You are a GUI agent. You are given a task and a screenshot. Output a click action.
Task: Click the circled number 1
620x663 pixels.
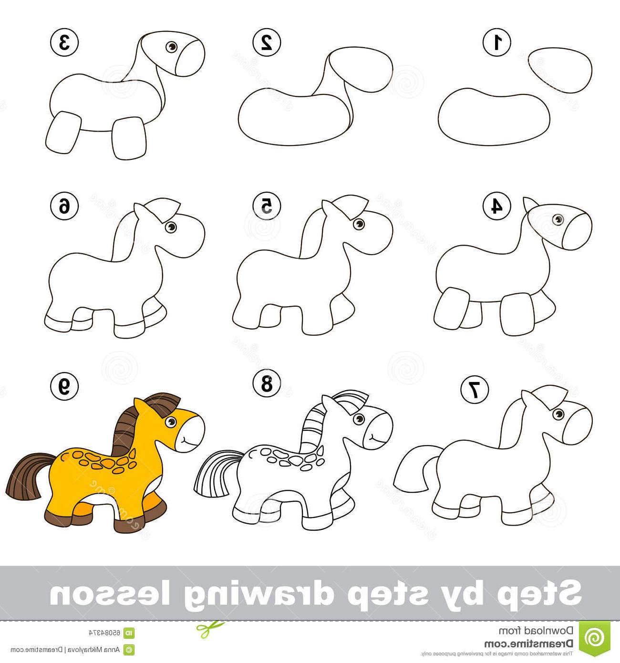click(497, 42)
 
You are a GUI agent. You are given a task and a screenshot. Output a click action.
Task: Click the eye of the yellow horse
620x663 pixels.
click(171, 422)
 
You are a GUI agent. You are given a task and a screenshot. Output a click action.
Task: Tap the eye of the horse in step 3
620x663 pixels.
click(172, 47)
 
